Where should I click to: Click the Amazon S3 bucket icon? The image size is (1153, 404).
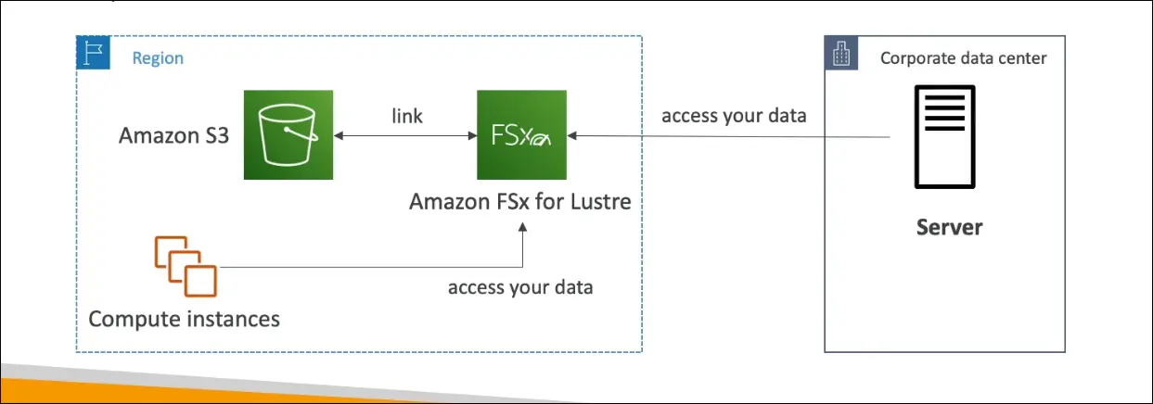click(288, 135)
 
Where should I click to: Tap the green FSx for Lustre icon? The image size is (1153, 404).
click(521, 135)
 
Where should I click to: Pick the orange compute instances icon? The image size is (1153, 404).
click(186, 266)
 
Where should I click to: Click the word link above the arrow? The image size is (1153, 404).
click(406, 116)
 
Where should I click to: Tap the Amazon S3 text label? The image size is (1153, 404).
click(173, 136)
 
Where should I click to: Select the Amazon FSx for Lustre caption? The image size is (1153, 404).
click(520, 200)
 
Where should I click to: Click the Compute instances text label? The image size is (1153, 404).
click(184, 319)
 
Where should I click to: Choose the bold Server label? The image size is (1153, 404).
click(949, 226)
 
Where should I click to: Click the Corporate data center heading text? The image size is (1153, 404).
click(963, 57)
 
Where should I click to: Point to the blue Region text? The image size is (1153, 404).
click(158, 58)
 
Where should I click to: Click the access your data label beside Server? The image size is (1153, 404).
click(734, 117)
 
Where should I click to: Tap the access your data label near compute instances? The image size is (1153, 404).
click(520, 286)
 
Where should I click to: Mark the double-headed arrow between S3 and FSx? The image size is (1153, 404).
click(405, 136)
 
